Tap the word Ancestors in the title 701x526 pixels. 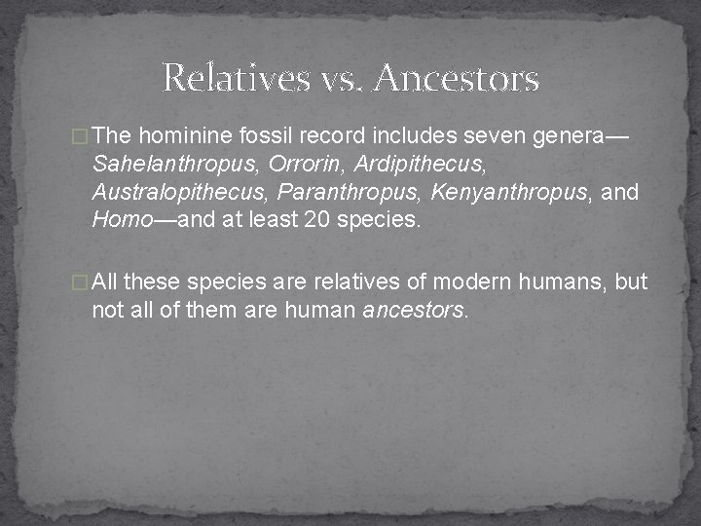point(455,77)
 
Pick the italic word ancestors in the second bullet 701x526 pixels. point(414,311)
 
